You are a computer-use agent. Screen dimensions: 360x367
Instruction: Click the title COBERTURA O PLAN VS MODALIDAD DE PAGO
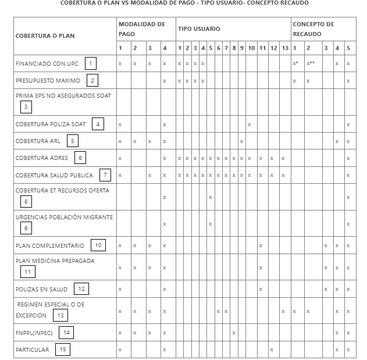pyautogui.click(x=184, y=3)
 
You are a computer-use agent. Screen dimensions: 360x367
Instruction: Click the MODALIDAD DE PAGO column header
pyautogui.click(x=142, y=29)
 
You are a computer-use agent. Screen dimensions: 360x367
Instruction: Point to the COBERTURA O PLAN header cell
pyautogui.click(x=45, y=36)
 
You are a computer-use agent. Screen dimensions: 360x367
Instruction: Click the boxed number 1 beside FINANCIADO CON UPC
pyautogui.click(x=90, y=63)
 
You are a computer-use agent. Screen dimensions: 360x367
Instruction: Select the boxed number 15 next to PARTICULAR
pyautogui.click(x=61, y=349)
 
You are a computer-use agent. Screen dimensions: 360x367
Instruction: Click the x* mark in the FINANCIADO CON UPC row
pyautogui.click(x=295, y=63)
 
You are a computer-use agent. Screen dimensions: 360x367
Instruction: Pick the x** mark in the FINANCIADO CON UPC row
pyautogui.click(x=311, y=63)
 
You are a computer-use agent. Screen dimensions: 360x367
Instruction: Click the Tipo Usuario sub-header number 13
pyautogui.click(x=284, y=48)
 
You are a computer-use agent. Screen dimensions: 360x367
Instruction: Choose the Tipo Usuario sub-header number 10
pyautogui.click(x=251, y=48)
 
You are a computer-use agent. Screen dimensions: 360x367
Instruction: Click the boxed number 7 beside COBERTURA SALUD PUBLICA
pyautogui.click(x=105, y=174)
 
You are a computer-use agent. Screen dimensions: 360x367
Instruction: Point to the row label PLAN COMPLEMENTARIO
pyautogui.click(x=50, y=245)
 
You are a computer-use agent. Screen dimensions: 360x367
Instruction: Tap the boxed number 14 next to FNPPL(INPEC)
pyautogui.click(x=67, y=332)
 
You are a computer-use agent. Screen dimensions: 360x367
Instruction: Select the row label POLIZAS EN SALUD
pyautogui.click(x=42, y=289)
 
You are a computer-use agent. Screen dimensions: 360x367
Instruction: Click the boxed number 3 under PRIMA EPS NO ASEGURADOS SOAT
pyautogui.click(x=25, y=106)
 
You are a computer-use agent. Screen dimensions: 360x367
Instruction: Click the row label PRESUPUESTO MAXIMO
pyautogui.click(x=48, y=80)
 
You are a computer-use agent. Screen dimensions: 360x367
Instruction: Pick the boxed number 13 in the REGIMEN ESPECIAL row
pyautogui.click(x=59, y=315)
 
